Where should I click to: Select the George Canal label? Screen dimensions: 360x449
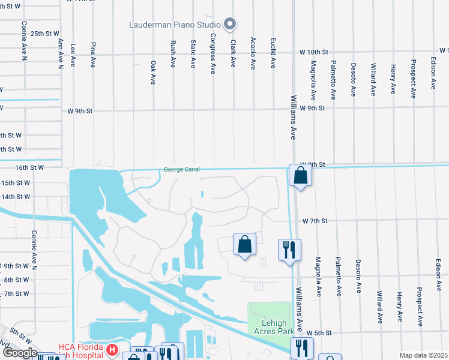[x=181, y=170]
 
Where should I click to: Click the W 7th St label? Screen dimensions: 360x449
[x=315, y=221]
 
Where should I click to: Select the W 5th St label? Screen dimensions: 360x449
[x=319, y=332]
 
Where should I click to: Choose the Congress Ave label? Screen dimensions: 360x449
[x=212, y=57]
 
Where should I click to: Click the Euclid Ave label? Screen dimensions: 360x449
[x=273, y=54]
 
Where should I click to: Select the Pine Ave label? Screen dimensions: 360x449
[x=93, y=55]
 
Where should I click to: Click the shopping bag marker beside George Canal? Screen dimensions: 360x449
[x=300, y=176]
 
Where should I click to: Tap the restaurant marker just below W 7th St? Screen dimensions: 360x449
[x=289, y=250]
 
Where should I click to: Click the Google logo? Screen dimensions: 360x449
[x=20, y=352]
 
